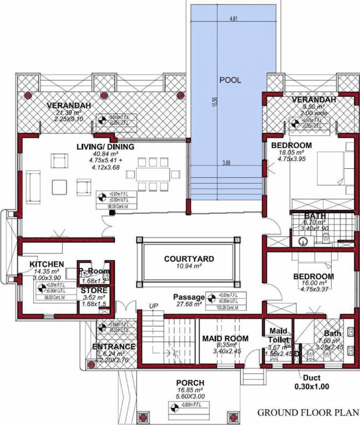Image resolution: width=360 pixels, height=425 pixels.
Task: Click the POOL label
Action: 230,80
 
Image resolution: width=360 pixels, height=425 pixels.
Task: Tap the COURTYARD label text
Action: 189,258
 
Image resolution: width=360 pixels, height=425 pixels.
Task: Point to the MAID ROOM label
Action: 225,338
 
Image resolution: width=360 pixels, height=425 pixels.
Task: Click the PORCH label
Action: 190,382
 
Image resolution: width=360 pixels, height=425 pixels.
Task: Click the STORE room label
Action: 94,290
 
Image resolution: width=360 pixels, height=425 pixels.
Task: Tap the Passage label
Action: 189,297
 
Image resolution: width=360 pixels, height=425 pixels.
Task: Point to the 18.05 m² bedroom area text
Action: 286,152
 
